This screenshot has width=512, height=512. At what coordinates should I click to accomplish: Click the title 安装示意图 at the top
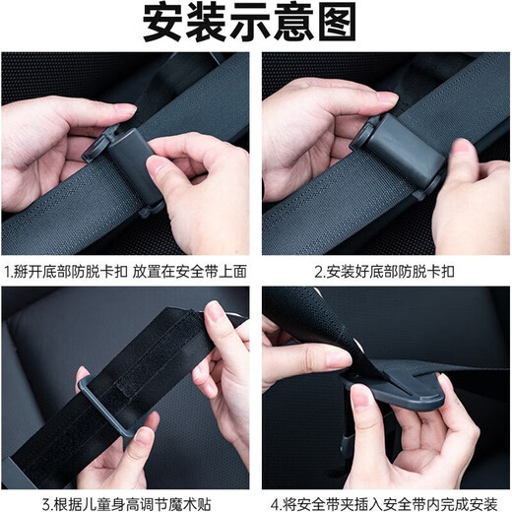click(255, 24)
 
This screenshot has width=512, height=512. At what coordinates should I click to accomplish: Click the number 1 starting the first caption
click(7, 269)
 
